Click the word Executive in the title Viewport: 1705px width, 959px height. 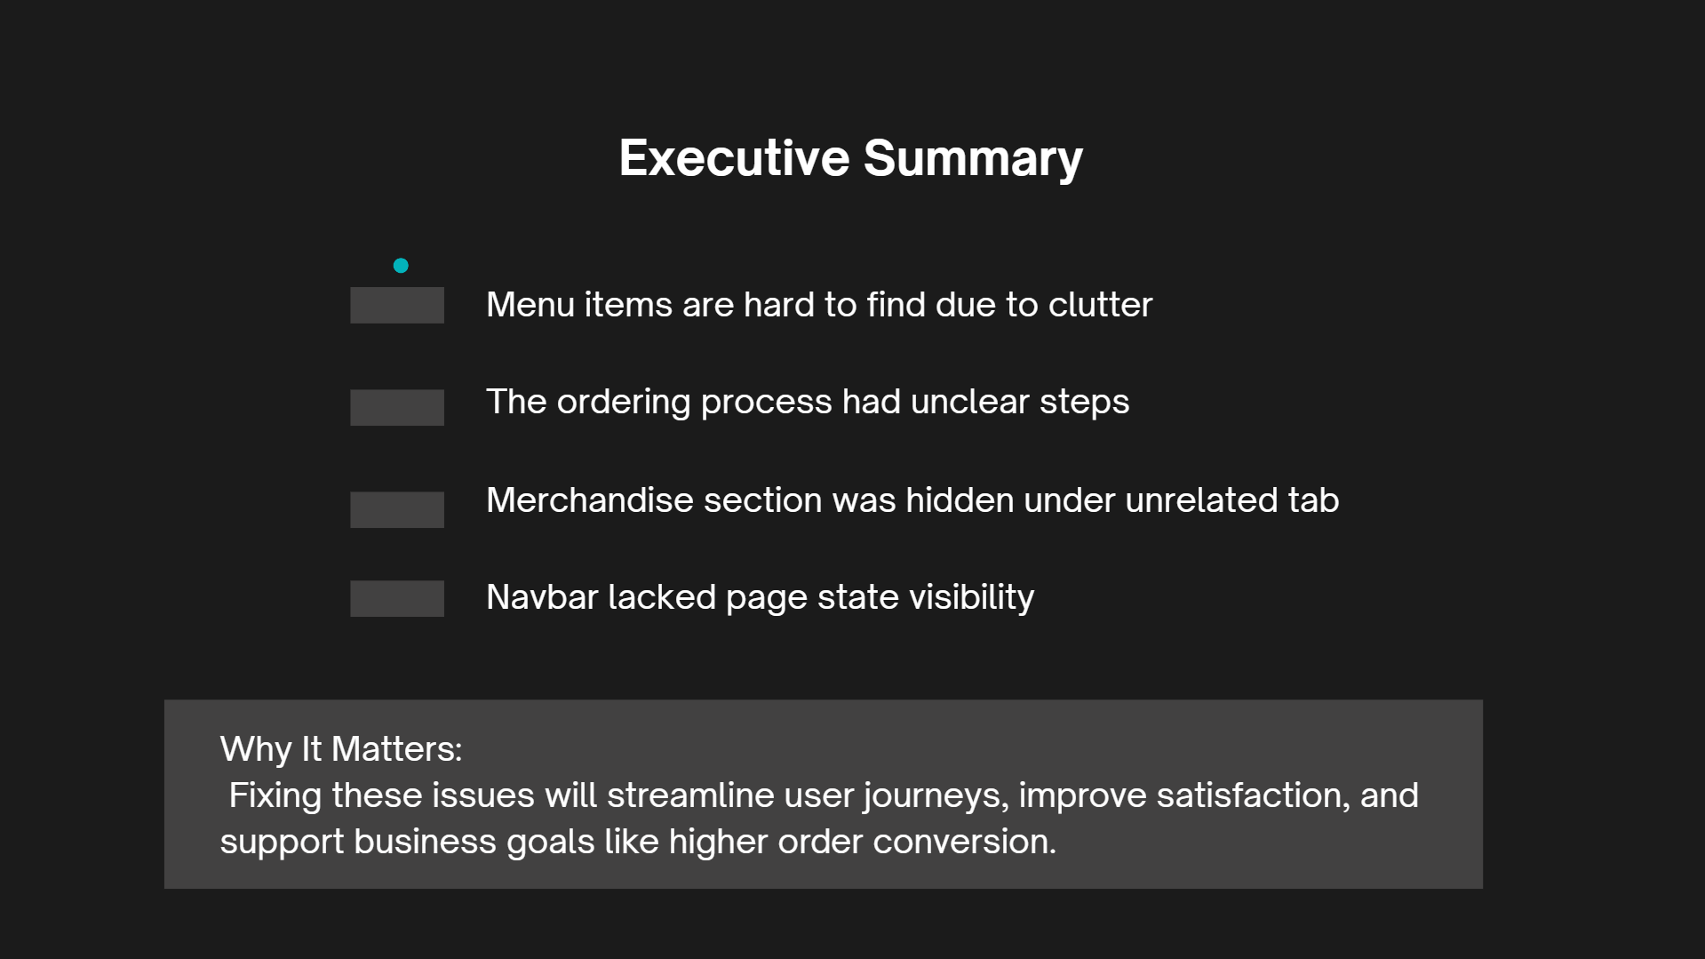click(x=734, y=158)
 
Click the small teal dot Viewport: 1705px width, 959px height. click(x=401, y=265)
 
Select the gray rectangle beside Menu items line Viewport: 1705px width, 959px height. click(x=397, y=305)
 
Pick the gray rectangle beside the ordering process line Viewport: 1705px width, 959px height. click(x=397, y=407)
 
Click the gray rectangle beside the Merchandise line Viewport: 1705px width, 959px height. click(x=397, y=509)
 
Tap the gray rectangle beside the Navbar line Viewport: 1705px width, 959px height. click(x=397, y=598)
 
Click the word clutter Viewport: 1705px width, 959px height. click(x=1100, y=305)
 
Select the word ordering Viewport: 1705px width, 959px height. click(x=624, y=403)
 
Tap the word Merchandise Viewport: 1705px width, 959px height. click(x=590, y=500)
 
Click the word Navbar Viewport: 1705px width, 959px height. click(x=543, y=597)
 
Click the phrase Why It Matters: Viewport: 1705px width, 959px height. click(x=341, y=749)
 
